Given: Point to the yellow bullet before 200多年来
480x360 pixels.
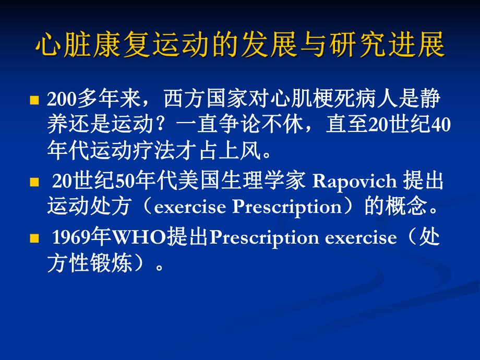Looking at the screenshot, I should click(x=35, y=100).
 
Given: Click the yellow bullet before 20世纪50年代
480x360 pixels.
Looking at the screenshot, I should click(x=35, y=183).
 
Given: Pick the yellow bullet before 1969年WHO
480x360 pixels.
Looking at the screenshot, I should click(x=35, y=238).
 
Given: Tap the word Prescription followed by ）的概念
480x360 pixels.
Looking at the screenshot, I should click(x=286, y=207).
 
